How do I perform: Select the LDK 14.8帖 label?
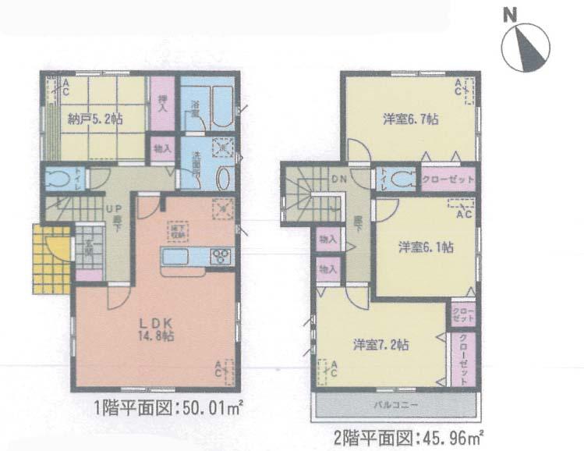(155, 328)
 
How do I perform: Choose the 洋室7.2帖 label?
(380, 344)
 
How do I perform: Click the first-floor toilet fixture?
(56, 179)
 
